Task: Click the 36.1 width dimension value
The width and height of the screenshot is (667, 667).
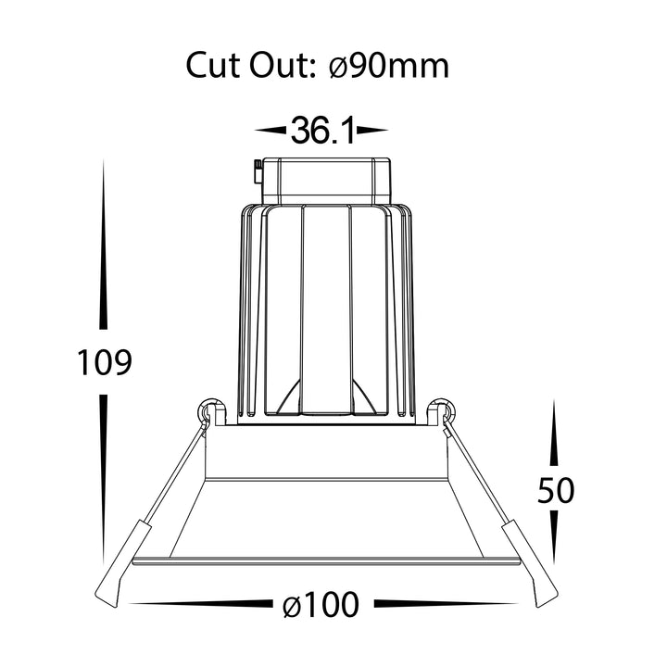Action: (322, 130)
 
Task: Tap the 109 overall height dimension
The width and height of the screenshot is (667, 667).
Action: (104, 362)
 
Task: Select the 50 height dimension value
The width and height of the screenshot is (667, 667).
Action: (556, 490)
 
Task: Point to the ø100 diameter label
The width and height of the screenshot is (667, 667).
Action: (321, 604)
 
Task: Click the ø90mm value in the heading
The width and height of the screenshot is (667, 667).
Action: (389, 67)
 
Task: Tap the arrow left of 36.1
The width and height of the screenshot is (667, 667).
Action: (271, 131)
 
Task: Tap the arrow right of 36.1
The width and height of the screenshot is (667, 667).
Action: (372, 131)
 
